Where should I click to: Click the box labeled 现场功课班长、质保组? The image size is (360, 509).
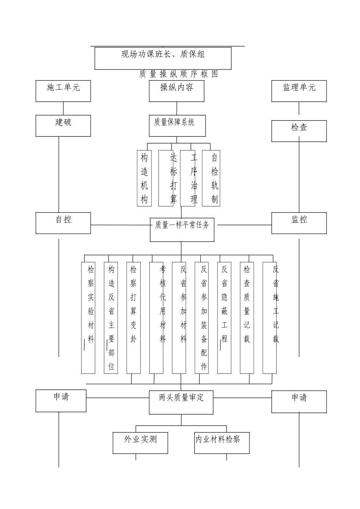[x=163, y=58]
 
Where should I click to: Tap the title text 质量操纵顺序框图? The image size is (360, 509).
[x=178, y=74]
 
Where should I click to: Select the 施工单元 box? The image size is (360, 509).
[x=63, y=91]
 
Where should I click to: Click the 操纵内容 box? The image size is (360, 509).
[x=177, y=91]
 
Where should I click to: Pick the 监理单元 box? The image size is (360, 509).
[x=299, y=91]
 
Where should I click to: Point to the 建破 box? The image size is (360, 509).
[x=63, y=126]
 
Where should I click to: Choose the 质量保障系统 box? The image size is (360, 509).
[x=177, y=126]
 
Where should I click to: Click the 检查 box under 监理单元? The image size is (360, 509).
[x=299, y=131]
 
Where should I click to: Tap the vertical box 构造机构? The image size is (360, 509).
[x=144, y=178]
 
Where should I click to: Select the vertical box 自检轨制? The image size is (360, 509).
[x=211, y=178]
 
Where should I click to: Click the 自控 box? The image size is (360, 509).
[x=63, y=223]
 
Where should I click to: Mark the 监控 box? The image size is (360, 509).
[x=299, y=223]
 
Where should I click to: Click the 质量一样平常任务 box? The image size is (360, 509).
[x=182, y=230]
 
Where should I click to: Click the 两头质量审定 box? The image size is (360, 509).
[x=181, y=402]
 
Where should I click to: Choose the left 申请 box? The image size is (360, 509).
[x=61, y=401]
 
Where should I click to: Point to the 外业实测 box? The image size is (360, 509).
[x=140, y=443]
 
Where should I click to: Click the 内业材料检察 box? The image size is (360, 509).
[x=222, y=443]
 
